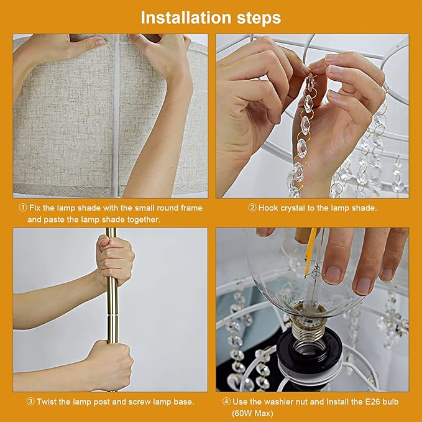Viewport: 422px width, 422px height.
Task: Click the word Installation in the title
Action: coord(186,18)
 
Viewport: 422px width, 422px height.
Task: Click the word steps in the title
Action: coord(259,18)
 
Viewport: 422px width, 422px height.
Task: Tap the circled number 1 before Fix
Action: coord(23,208)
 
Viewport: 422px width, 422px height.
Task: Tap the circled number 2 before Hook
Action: coord(252,208)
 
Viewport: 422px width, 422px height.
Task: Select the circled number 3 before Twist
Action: coord(30,402)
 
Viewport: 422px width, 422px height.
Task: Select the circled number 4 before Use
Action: coord(226,402)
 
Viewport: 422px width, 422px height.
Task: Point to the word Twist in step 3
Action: coord(47,402)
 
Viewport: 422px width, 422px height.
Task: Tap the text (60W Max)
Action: coord(252,413)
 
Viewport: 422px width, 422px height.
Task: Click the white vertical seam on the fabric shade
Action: coord(116,116)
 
